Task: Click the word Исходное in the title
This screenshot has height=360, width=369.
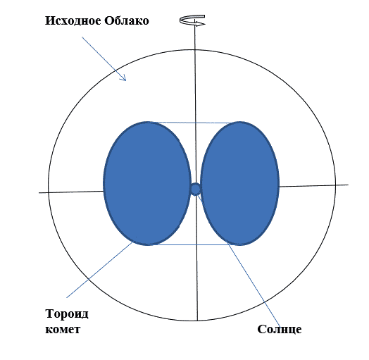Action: [73, 20]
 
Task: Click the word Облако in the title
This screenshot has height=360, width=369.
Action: [127, 20]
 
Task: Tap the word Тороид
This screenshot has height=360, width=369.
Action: [67, 314]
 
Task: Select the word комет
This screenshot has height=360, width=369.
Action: [63, 329]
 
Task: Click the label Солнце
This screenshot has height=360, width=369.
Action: [280, 329]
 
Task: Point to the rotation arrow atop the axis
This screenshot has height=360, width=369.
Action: [192, 20]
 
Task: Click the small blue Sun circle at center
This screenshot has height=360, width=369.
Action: [195, 189]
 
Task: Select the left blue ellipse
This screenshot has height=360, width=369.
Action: [147, 183]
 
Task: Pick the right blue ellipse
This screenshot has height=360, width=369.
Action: [240, 183]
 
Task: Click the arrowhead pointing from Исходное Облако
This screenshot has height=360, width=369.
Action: [123, 78]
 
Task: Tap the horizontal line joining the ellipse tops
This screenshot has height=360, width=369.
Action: [194, 123]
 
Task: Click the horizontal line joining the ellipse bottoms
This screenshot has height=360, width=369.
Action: [194, 244]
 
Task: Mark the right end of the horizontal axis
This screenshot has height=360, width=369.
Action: [349, 185]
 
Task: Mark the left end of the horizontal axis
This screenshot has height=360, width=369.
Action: [39, 193]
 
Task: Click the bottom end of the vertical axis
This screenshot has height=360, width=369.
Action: [197, 321]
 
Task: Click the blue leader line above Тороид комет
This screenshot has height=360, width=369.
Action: [100, 270]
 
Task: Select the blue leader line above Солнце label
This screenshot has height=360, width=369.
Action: [238, 260]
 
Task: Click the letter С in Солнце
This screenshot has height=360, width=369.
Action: [261, 329]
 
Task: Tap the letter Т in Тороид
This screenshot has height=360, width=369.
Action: [50, 314]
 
